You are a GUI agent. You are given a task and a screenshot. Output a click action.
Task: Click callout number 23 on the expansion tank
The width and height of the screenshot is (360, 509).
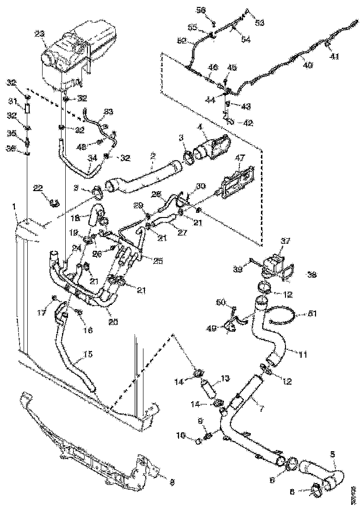click(x=39, y=33)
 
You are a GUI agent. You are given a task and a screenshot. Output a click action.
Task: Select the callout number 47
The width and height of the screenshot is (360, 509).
click(x=239, y=158)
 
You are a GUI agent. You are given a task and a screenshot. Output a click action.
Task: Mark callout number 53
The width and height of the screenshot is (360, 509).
click(x=260, y=22)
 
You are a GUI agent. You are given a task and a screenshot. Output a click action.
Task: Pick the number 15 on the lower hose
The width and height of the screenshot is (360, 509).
click(x=87, y=354)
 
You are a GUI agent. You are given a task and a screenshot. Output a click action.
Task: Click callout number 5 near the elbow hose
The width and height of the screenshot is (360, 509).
click(x=333, y=454)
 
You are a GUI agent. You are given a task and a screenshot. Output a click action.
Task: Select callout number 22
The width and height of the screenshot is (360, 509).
click(x=37, y=187)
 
